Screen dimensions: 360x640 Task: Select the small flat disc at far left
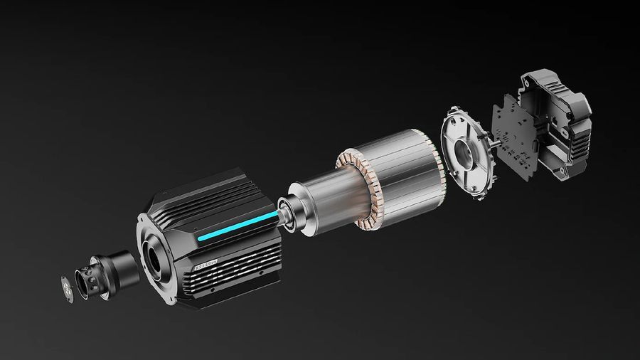click(68, 288)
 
